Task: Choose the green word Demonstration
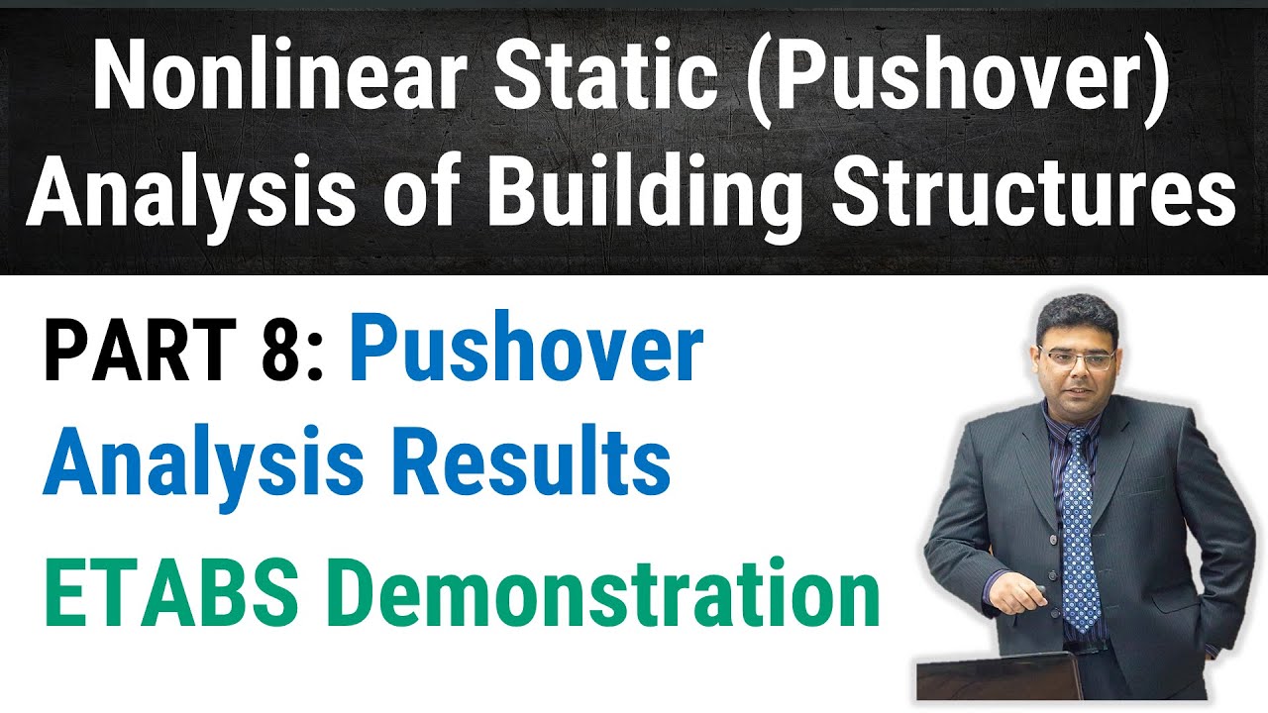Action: [603, 595]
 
